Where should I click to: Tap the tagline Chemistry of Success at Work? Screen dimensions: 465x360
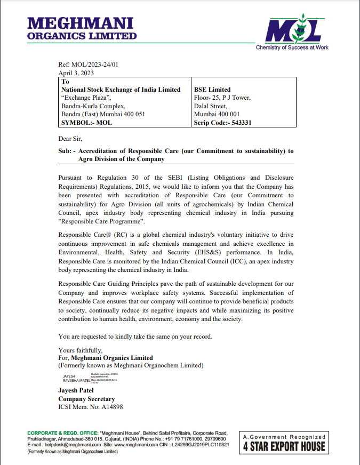(x=292, y=47)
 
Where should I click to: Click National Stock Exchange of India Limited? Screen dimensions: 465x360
(x=121, y=90)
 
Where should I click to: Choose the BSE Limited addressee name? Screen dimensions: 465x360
(x=212, y=90)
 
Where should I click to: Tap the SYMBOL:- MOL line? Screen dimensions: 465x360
(x=87, y=122)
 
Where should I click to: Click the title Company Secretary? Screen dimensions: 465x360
(x=86, y=399)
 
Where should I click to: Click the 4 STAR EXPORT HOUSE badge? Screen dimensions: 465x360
(x=283, y=443)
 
